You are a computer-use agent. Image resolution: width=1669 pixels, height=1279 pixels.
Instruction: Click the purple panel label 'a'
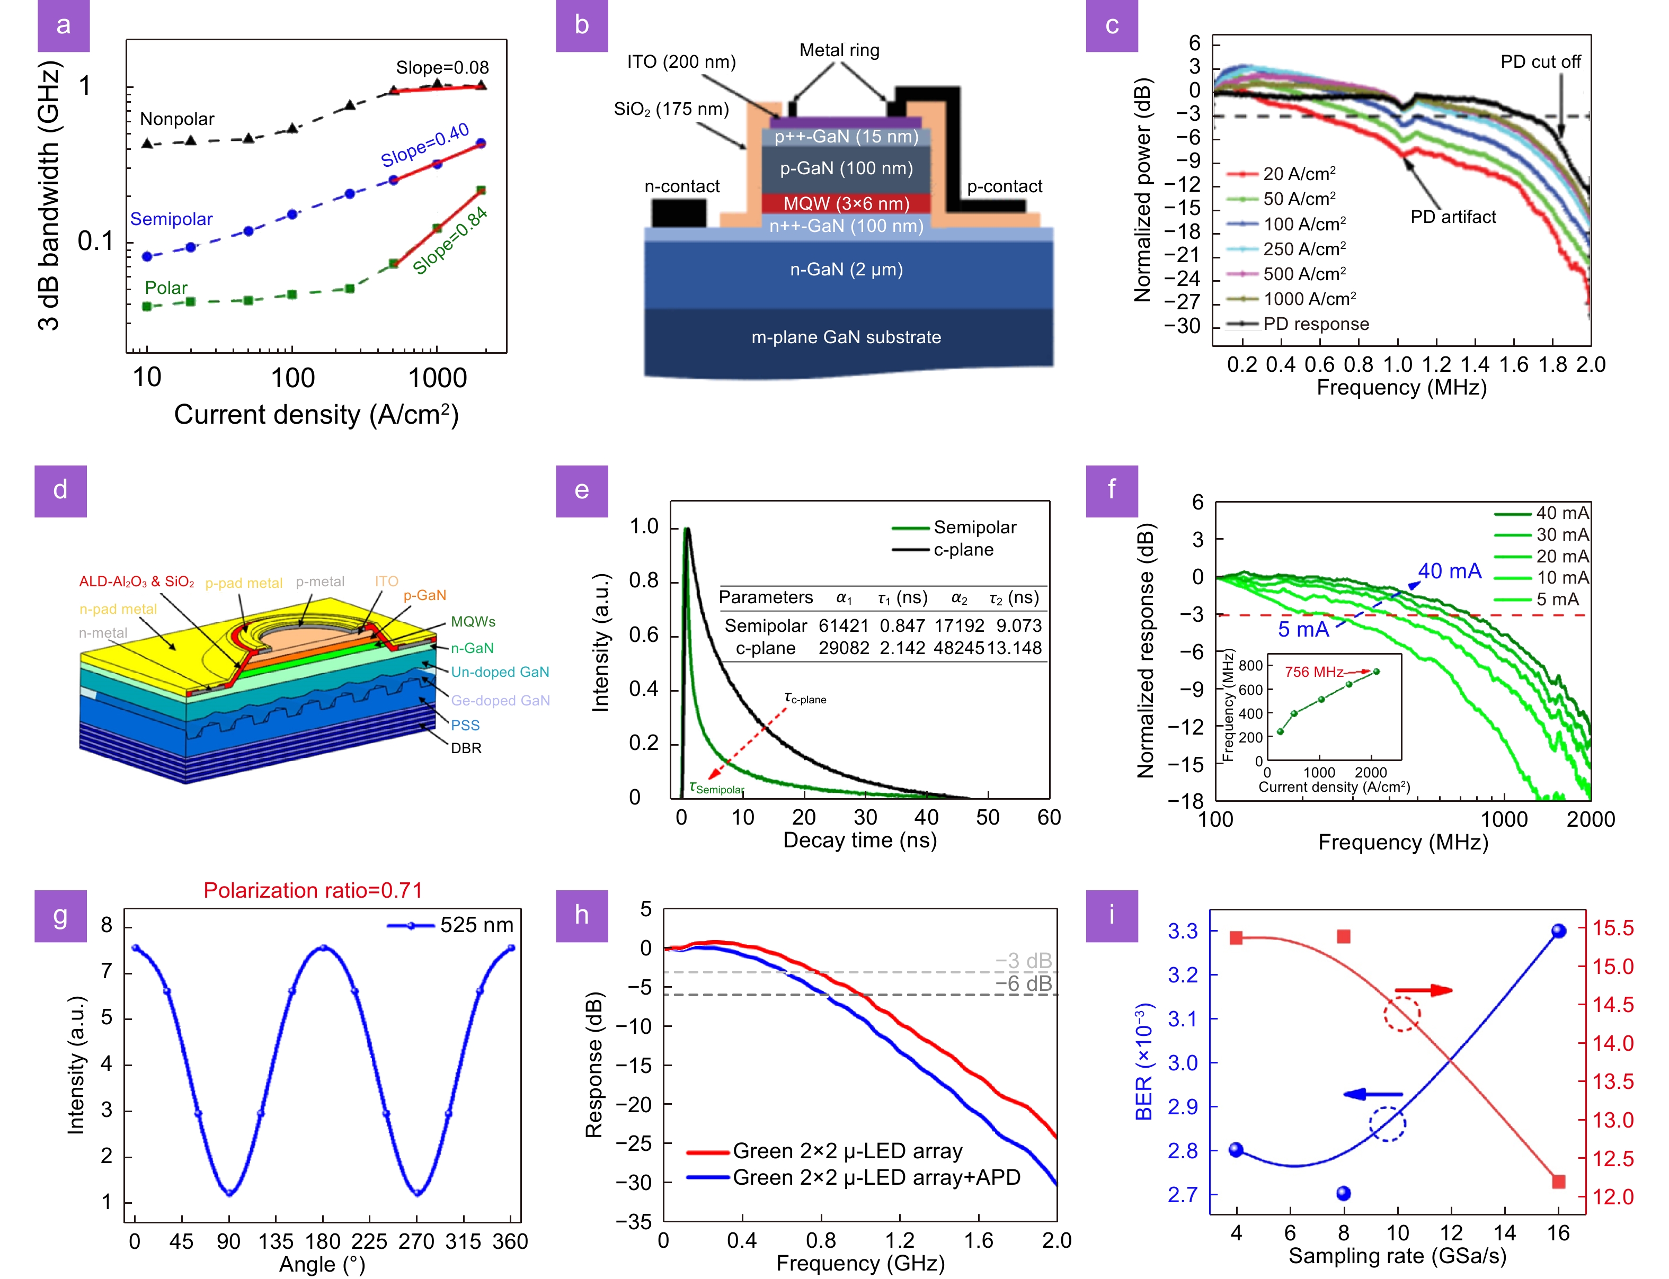63,25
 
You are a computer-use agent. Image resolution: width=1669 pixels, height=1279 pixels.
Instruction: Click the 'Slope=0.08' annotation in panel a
442,68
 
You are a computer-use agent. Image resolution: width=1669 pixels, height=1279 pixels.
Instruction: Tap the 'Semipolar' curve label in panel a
171,219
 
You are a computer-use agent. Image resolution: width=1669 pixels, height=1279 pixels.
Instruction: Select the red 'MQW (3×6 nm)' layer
846,203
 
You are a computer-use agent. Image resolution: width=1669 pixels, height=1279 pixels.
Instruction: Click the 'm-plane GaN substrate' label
846,337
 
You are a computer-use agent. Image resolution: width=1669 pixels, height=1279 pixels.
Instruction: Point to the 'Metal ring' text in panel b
839,50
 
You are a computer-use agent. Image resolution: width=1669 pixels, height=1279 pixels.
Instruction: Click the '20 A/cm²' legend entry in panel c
1298,174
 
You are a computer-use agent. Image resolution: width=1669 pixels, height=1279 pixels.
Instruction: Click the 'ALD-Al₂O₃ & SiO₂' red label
136,582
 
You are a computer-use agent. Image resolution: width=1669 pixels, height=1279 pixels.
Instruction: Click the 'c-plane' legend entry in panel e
963,550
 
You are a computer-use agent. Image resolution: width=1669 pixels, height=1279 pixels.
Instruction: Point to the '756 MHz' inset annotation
1313,672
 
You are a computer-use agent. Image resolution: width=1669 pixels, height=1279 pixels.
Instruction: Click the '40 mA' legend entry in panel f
1561,513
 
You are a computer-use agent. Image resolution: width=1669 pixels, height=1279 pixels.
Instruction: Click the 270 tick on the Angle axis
416,1242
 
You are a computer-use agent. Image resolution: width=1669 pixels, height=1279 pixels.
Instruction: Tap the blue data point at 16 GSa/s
1558,931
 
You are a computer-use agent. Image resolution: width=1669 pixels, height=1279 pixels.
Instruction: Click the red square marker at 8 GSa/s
1343,936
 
